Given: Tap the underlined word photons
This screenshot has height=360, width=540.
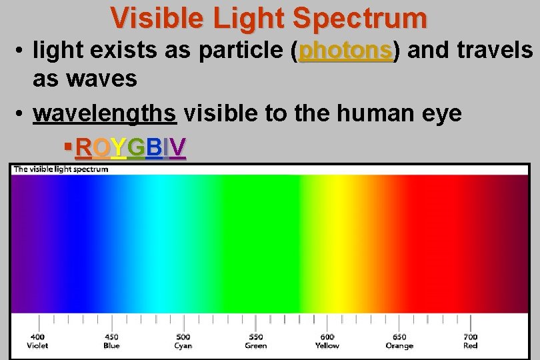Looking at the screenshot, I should [x=345, y=50].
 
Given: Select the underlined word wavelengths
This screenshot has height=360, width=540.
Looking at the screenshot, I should [x=105, y=113].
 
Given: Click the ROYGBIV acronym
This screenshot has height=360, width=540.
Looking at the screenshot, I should [x=131, y=147].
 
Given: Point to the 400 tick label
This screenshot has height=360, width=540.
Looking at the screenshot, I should [x=37, y=337].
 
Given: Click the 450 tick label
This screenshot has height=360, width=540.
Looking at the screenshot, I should [x=111, y=337].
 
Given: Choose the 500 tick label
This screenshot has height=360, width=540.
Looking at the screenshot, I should [x=183, y=337].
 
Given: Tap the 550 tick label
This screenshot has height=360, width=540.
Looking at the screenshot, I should [x=255, y=337].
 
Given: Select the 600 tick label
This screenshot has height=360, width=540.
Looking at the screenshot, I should [x=327, y=337].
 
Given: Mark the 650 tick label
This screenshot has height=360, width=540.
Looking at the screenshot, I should [x=399, y=337].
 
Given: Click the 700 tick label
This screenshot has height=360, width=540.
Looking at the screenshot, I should [x=471, y=337].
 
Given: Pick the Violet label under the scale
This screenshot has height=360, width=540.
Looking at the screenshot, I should [x=37, y=345].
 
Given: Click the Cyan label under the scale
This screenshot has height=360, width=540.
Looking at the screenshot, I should [x=183, y=345].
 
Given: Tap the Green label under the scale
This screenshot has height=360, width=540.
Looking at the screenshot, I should [x=255, y=345].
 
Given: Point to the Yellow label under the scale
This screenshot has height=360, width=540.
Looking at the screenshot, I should [x=327, y=345].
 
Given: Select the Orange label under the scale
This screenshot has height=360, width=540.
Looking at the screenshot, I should [x=399, y=345].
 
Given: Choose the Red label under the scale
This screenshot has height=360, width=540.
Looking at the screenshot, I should [x=471, y=345].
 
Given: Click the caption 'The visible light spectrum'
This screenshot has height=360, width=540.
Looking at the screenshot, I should [x=61, y=169].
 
